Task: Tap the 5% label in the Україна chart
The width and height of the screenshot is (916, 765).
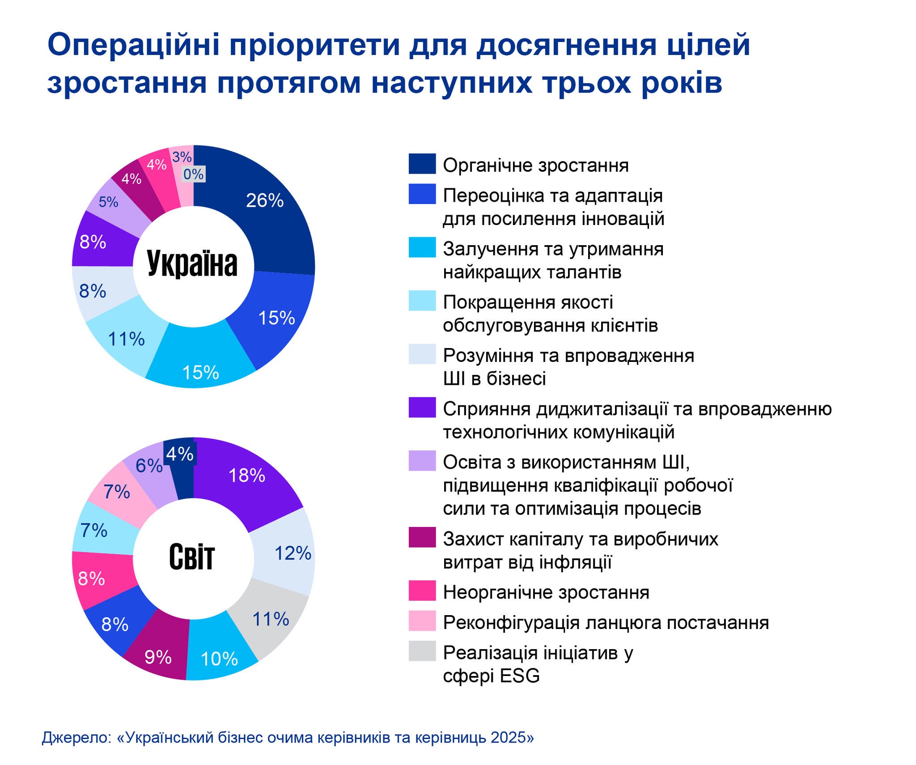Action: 108,202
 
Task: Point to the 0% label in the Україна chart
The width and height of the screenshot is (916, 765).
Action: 193,174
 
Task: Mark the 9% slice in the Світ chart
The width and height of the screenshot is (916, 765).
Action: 158,657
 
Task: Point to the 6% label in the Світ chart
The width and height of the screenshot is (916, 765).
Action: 149,466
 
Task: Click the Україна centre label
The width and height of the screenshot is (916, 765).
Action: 192,264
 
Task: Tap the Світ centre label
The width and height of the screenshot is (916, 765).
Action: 192,557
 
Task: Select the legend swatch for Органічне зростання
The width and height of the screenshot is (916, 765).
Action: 422,164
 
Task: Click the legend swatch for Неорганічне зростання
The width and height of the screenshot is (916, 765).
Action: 422,591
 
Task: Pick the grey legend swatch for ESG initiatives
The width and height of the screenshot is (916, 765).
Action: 422,651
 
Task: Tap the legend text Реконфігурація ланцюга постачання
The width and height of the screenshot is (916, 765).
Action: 606,622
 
